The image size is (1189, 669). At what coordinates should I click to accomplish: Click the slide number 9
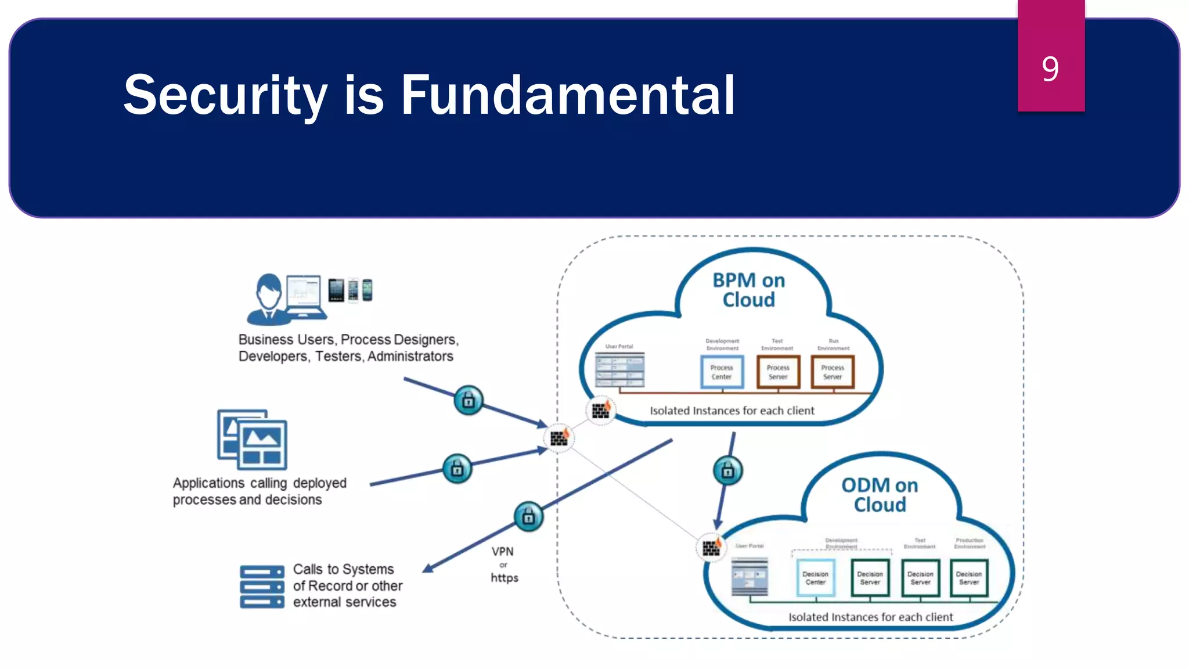[1050, 69]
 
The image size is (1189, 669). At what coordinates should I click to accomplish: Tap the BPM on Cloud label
[748, 290]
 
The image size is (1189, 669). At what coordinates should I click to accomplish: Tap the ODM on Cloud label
[880, 494]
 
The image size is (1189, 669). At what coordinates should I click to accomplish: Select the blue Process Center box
[722, 372]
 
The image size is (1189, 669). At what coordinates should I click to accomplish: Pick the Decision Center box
[816, 578]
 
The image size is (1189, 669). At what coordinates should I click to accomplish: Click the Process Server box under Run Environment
[833, 372]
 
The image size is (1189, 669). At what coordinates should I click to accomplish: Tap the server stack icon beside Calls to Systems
[262, 587]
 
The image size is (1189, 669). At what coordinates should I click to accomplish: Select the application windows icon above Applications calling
[253, 440]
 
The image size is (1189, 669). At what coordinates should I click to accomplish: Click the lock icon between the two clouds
[727, 471]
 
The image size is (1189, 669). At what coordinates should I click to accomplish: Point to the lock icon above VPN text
[528, 516]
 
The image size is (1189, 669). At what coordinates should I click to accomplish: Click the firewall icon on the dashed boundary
[559, 438]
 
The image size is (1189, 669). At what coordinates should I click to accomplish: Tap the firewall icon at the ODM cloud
[711, 547]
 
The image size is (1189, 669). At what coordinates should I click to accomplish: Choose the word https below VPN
[504, 578]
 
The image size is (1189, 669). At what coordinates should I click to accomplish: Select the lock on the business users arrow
[468, 400]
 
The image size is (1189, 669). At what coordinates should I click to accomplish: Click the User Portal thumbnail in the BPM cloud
[620, 370]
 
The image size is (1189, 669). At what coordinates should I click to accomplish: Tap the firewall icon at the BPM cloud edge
[601, 411]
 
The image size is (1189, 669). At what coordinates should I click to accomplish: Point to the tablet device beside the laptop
[336, 290]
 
